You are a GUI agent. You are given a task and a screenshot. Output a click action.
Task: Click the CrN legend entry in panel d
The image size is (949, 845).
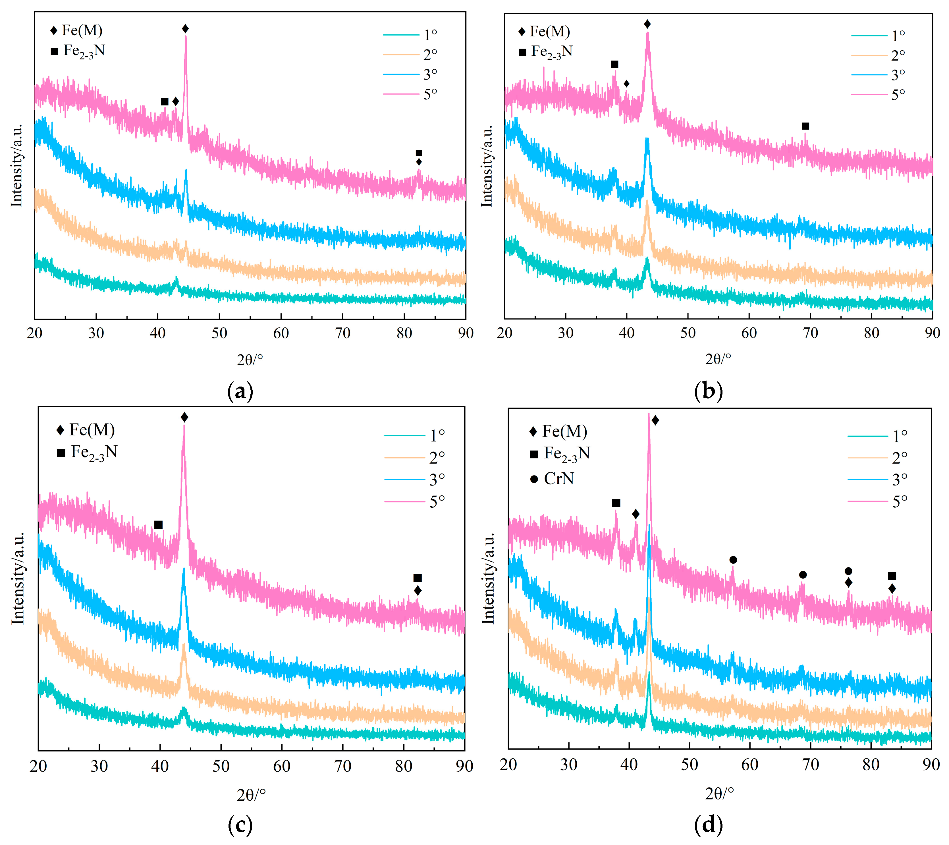558,479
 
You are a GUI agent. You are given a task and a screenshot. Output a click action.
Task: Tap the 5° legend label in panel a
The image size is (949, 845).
430,94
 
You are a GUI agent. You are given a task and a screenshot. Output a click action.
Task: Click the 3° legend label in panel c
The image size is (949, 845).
437,479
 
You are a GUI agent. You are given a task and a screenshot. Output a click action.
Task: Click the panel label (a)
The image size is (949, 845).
240,391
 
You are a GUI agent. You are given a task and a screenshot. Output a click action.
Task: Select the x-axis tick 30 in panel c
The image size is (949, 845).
99,766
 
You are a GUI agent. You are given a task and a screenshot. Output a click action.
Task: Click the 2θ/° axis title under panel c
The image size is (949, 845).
251,795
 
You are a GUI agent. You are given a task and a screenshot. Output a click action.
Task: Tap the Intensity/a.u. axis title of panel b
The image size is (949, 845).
487,166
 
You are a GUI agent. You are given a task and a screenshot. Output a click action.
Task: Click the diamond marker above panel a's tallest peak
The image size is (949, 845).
185,29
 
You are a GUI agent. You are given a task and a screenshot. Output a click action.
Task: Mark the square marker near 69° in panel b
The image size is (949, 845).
805,126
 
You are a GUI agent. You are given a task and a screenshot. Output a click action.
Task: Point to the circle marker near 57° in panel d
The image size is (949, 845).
733,560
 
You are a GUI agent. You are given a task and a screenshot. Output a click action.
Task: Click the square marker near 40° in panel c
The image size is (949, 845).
158,525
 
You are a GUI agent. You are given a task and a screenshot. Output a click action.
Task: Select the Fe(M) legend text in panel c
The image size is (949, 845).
92,430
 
